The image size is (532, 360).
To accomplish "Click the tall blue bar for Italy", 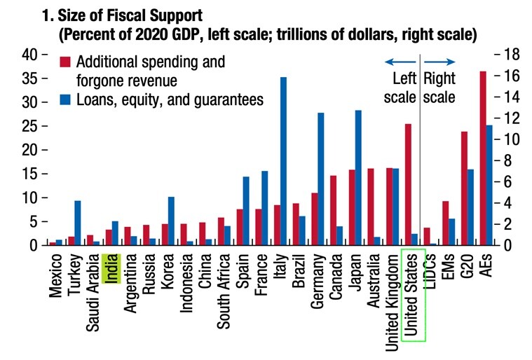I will coord(284,161).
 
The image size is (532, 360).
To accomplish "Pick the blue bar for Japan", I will coord(358,178).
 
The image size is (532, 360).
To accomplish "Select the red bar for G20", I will coord(464,188).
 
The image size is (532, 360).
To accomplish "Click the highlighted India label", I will coord(111,268).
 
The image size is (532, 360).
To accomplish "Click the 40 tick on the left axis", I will coord(32,55).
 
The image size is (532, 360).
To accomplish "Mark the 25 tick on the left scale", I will coord(32,126).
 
